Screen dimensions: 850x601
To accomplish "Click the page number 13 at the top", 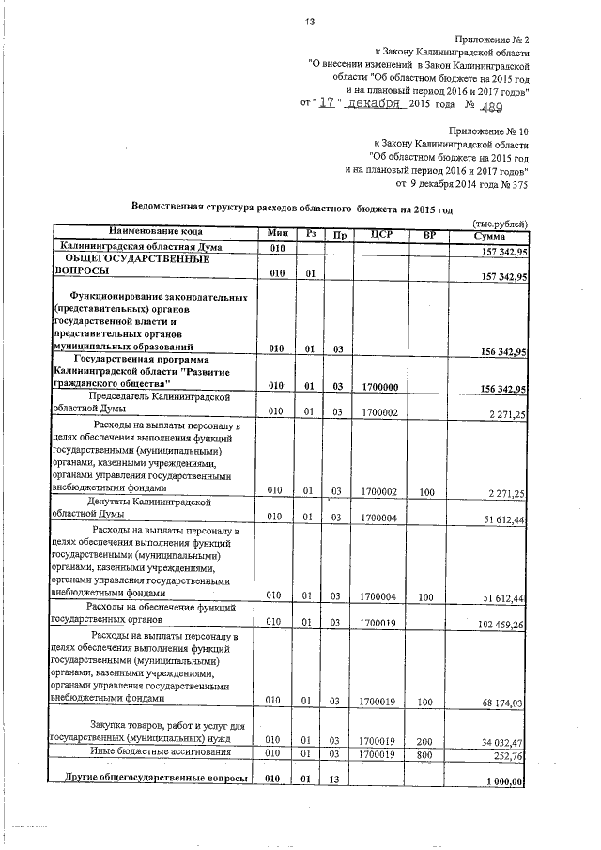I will (309, 22).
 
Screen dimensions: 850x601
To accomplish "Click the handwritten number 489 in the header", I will (509, 106).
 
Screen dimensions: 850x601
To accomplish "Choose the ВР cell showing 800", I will (428, 753).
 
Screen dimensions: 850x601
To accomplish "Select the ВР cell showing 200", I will (428, 740).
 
